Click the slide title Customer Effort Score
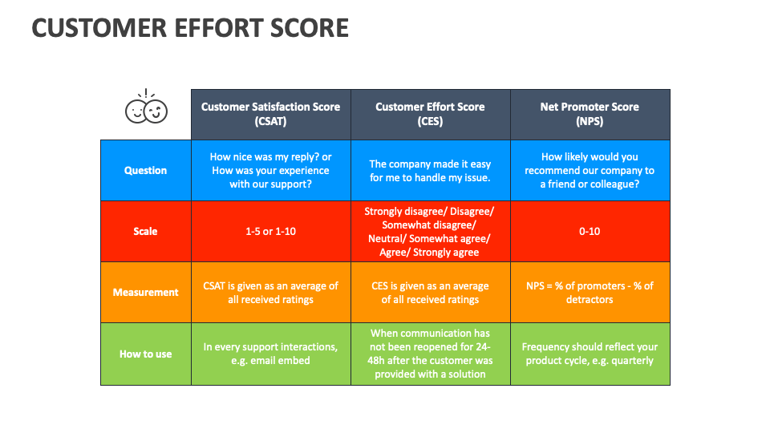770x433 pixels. pos(190,28)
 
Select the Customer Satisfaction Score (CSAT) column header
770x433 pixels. pos(270,114)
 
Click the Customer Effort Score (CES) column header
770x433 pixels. pos(430,114)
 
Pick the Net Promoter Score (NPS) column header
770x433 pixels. pos(590,114)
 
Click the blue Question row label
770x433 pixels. pos(145,170)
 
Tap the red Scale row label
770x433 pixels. pos(145,231)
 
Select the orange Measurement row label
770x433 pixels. pos(145,292)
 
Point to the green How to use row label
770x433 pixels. pos(145,354)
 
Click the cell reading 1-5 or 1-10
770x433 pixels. pos(270,231)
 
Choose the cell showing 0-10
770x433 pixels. pos(590,231)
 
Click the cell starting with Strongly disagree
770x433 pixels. pos(430,231)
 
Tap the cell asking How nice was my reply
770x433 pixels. pos(270,170)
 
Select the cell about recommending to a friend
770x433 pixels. pos(590,170)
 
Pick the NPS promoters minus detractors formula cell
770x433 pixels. pos(590,292)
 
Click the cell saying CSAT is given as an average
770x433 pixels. pos(270,292)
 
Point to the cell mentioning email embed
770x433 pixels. pos(270,354)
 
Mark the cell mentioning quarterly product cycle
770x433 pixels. pos(590,354)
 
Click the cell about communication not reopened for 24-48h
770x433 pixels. pos(430,354)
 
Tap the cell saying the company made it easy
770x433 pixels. pos(430,170)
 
